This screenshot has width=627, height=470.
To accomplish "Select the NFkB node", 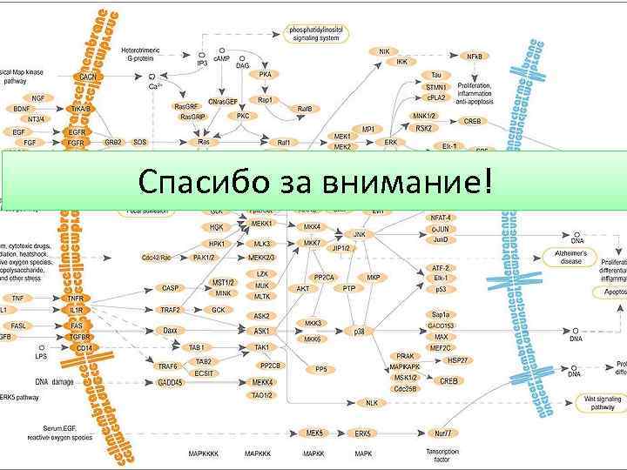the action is point(475,56).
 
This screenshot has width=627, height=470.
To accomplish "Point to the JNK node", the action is point(359,234).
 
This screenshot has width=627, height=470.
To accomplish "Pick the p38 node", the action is point(359,331).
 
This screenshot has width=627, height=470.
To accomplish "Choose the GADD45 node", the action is point(170,382).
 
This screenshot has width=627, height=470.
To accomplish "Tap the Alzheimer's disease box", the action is point(571,257).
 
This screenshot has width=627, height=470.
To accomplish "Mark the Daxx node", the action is point(171,331).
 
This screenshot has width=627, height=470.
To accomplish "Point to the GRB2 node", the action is point(113,141).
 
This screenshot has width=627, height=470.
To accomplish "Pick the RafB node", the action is point(305,109).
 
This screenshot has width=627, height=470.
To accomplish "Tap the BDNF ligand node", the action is point(21,109).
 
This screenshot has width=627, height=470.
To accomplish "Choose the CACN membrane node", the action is point(88,77).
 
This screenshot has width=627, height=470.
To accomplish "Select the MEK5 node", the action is point(314,433).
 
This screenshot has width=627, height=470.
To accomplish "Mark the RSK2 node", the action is point(424,128).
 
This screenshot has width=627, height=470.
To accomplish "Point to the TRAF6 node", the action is point(167,366).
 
